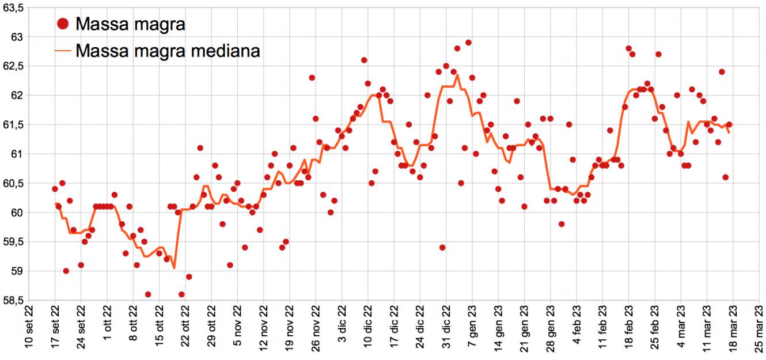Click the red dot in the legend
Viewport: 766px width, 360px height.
pyautogui.click(x=64, y=24)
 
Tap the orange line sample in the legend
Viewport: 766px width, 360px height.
pyautogui.click(x=64, y=51)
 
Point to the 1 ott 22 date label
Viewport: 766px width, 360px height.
pyautogui.click(x=108, y=333)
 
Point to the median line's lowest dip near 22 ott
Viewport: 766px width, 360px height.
pyautogui.click(x=174, y=268)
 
